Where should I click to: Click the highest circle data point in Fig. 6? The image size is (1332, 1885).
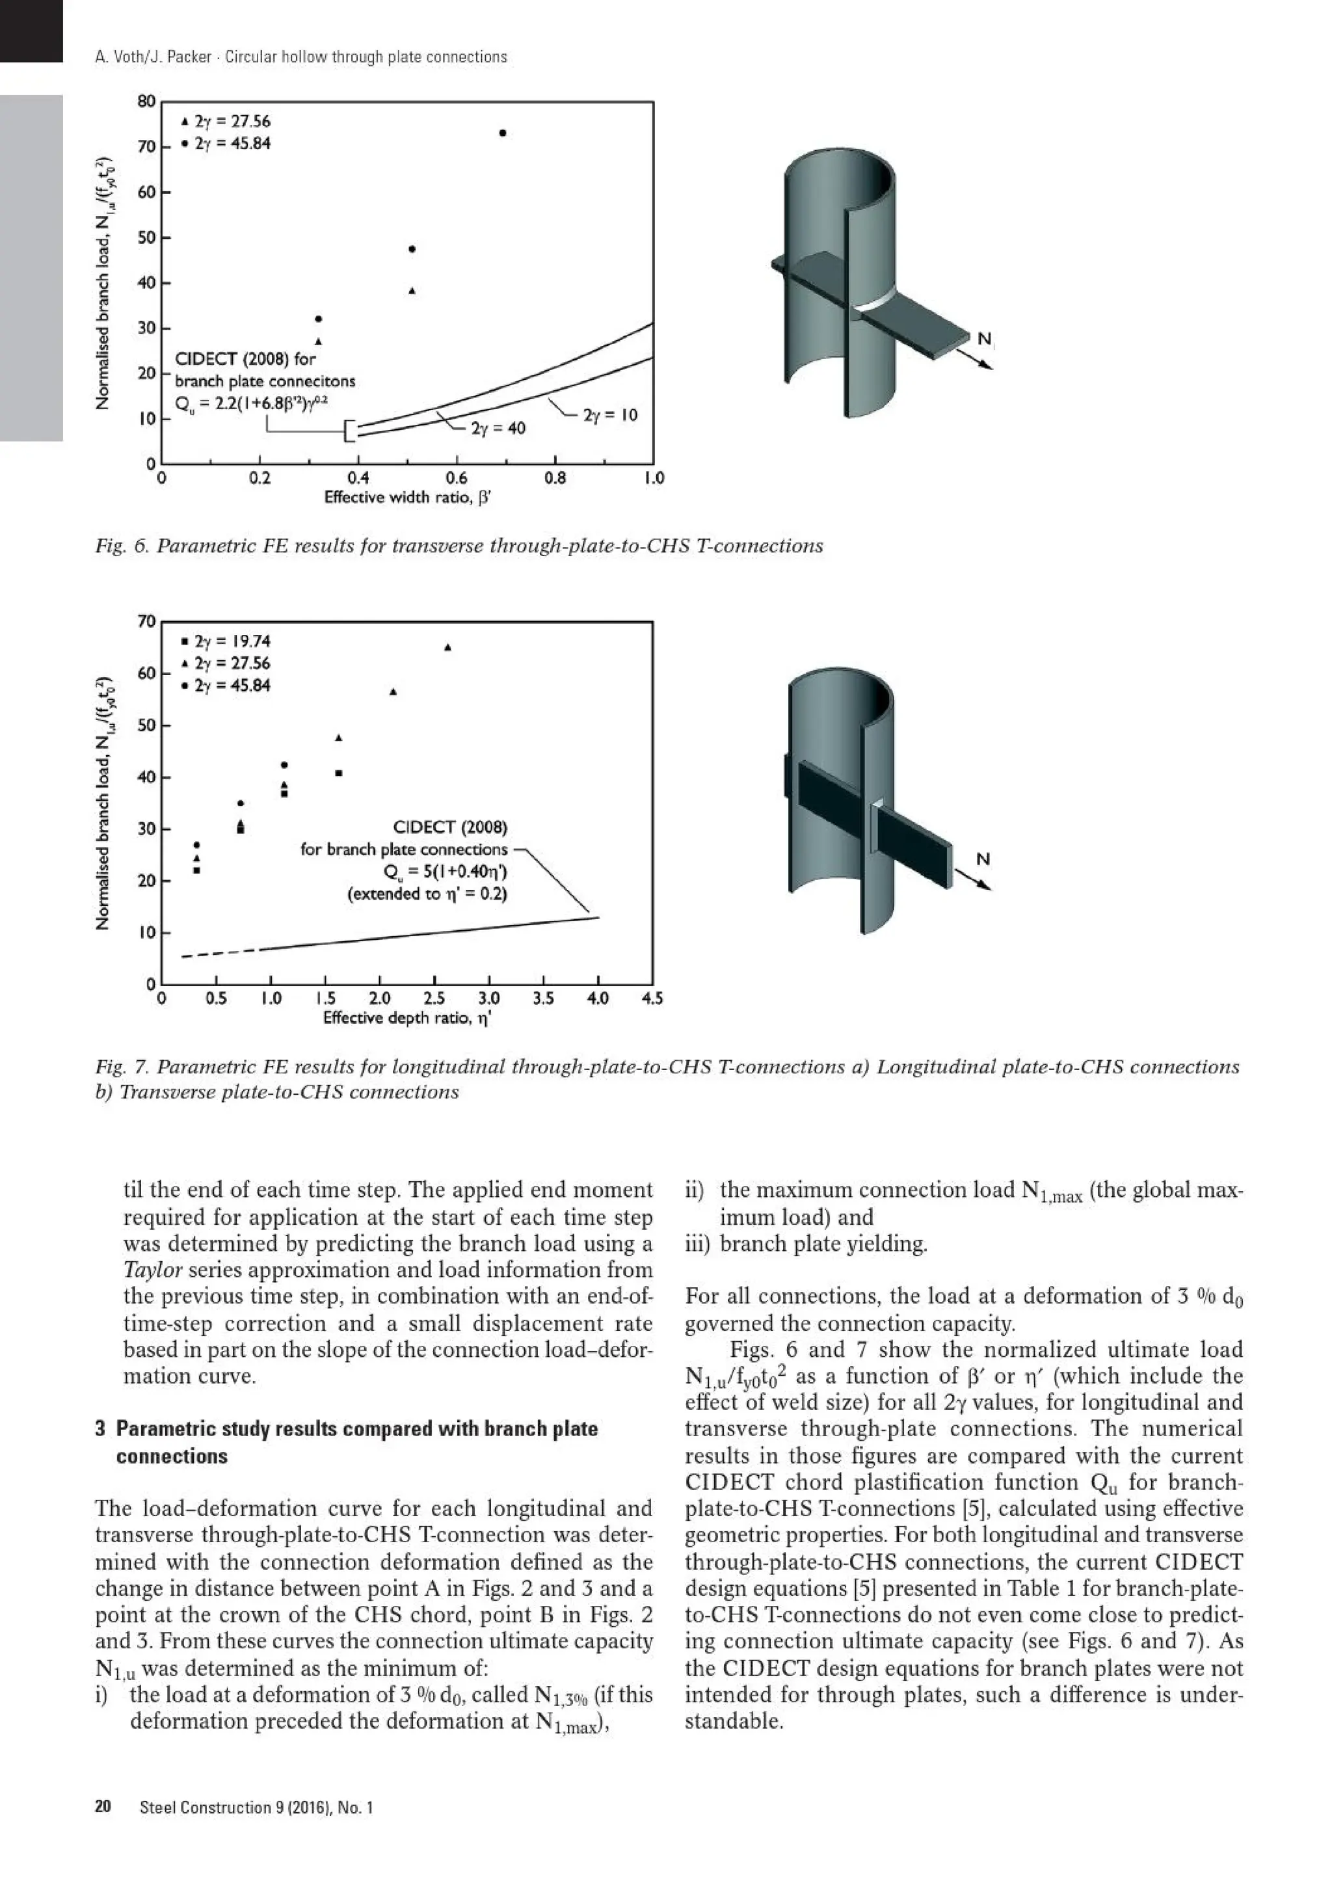pyautogui.click(x=502, y=133)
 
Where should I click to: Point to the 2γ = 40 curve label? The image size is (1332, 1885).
pyautogui.click(x=498, y=429)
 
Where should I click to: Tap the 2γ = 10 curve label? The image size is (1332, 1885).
pyautogui.click(x=610, y=416)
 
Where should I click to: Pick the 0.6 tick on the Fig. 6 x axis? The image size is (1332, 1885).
pyautogui.click(x=457, y=479)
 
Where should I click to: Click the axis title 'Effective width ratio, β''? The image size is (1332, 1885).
pyautogui.click(x=407, y=498)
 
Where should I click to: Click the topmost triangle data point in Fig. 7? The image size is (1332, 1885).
pyautogui.click(x=448, y=647)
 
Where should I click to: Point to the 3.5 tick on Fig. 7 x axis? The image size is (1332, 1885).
pyautogui.click(x=543, y=999)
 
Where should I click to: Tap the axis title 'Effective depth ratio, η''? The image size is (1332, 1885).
pyautogui.click(x=407, y=1019)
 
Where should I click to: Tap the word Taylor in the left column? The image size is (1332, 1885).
pyautogui.click(x=153, y=1270)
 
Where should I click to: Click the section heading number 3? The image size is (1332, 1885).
pyautogui.click(x=100, y=1429)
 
